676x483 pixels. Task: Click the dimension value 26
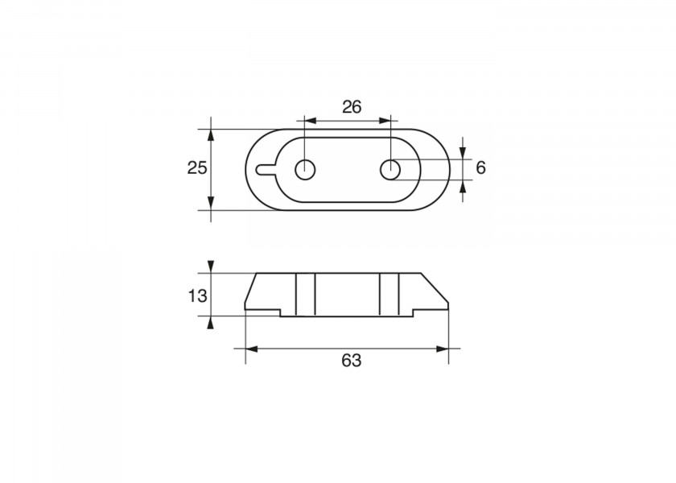[352, 106]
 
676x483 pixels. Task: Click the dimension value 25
[197, 167]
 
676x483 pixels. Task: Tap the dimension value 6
[480, 167]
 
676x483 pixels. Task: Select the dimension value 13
[197, 296]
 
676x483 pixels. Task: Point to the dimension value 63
[352, 360]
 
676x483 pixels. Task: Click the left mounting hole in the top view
[305, 170]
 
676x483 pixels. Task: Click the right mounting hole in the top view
[390, 170]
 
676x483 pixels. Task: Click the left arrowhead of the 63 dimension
[251, 349]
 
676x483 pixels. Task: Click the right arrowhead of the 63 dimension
[443, 349]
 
